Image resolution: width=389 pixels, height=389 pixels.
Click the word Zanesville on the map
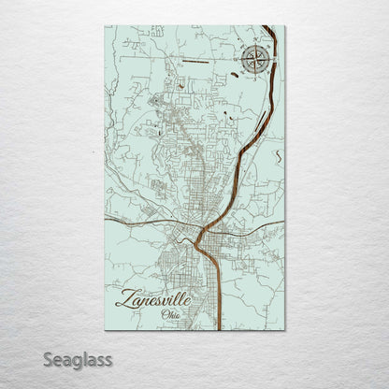pos(155,299)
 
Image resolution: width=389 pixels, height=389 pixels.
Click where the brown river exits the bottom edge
pos(218,329)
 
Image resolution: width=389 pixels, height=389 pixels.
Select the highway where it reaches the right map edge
pos(284,222)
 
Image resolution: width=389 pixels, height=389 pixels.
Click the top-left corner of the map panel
pos(105,26)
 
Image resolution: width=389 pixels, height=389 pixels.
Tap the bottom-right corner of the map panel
pos(285,330)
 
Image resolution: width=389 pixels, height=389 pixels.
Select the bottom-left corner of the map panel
pos(105,330)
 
